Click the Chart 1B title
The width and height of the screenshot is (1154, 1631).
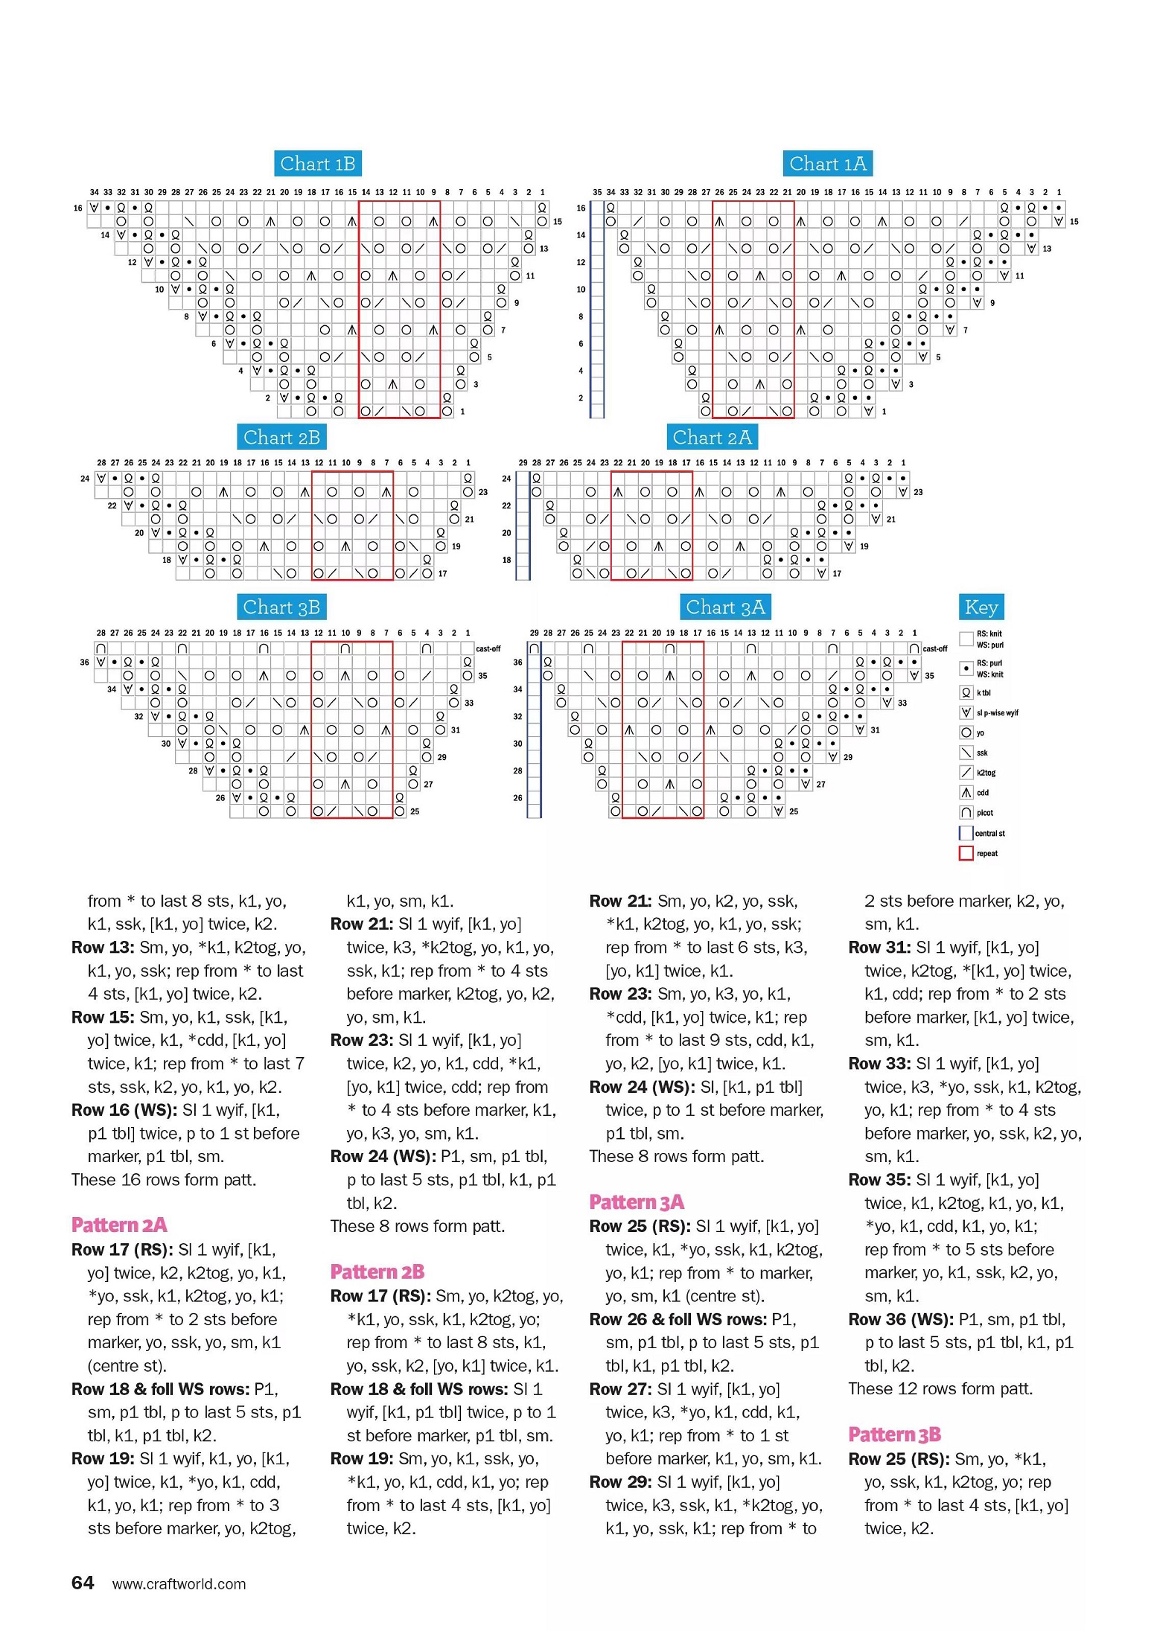(x=318, y=164)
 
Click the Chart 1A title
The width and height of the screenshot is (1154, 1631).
(x=827, y=164)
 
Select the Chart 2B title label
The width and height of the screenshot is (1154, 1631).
(x=281, y=438)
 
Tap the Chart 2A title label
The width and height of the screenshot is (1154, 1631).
(x=712, y=438)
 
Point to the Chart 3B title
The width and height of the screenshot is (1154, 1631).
(x=281, y=607)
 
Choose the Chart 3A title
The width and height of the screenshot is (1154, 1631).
(x=725, y=607)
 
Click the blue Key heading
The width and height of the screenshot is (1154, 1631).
(x=981, y=607)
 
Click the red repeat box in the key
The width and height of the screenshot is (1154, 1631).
(x=966, y=853)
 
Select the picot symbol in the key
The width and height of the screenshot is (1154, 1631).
(x=966, y=813)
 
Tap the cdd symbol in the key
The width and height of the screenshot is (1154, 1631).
(x=966, y=793)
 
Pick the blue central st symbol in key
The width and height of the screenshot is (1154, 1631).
(x=966, y=833)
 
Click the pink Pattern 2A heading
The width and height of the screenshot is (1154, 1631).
(x=119, y=1225)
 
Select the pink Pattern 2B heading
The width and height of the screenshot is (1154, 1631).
(x=377, y=1272)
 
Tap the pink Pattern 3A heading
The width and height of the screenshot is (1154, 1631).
(x=636, y=1202)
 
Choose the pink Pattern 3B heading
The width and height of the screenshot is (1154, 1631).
(x=894, y=1434)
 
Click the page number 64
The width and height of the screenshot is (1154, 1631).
(x=83, y=1583)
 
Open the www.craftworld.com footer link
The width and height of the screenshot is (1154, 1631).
(x=179, y=1584)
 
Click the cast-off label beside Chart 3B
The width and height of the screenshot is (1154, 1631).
(x=488, y=649)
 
